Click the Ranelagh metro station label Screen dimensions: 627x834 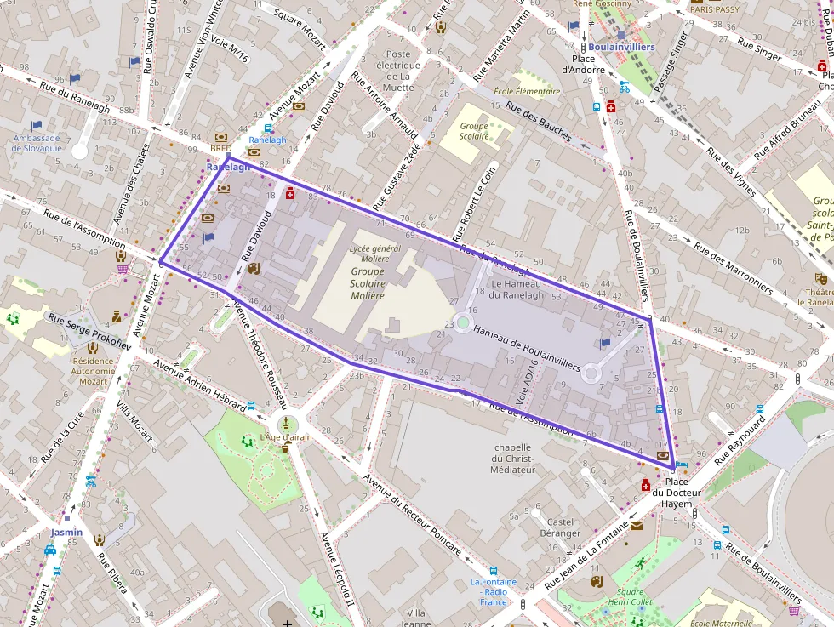pyautogui.click(x=228, y=168)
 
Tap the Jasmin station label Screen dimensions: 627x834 pyautogui.click(x=66, y=533)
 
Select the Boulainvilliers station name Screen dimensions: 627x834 pyautogui.click(x=621, y=47)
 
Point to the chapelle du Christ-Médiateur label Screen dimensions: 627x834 pyautogui.click(x=512, y=458)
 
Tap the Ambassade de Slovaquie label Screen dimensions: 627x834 pyautogui.click(x=37, y=142)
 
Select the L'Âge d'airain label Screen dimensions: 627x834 pyautogui.click(x=287, y=437)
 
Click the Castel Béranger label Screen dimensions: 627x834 pyautogui.click(x=560, y=527)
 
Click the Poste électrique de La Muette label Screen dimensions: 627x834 pyautogui.click(x=398, y=71)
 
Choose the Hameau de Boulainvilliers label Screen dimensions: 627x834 pyautogui.click(x=527, y=350)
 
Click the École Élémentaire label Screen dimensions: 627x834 pyautogui.click(x=527, y=91)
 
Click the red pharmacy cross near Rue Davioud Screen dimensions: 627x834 pyautogui.click(x=290, y=194)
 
